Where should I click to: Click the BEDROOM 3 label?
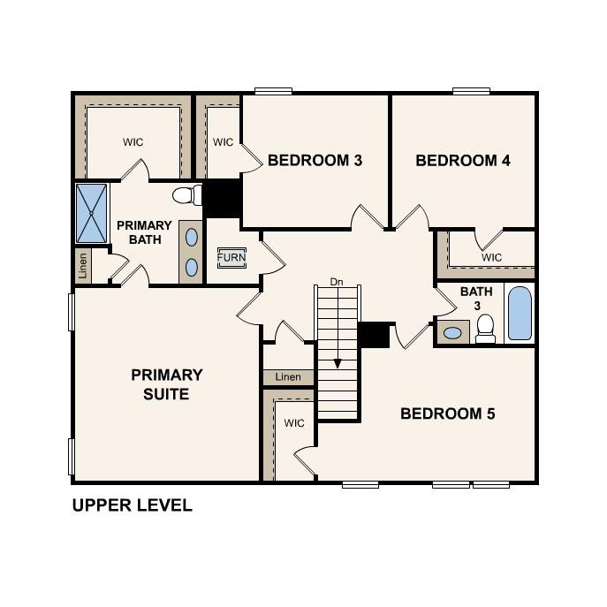pyautogui.click(x=315, y=161)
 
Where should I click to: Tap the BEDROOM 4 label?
pyautogui.click(x=463, y=161)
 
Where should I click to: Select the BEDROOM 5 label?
pyautogui.click(x=448, y=414)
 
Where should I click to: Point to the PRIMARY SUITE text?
pyautogui.click(x=167, y=384)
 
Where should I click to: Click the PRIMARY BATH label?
pyautogui.click(x=144, y=232)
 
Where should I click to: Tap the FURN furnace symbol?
pyautogui.click(x=231, y=257)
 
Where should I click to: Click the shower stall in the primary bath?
pyautogui.click(x=91, y=213)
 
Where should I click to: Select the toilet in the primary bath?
pyautogui.click(x=185, y=194)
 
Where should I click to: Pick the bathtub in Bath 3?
pyautogui.click(x=520, y=314)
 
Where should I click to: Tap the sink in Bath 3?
pyautogui.click(x=452, y=333)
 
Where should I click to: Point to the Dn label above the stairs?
pyautogui.click(x=336, y=282)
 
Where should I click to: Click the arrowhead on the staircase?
pyautogui.click(x=337, y=362)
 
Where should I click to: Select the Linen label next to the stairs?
pyautogui.click(x=288, y=377)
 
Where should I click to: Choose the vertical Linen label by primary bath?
pyautogui.click(x=83, y=266)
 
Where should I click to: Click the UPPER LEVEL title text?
pyautogui.click(x=132, y=506)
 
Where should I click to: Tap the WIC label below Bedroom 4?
pyautogui.click(x=492, y=257)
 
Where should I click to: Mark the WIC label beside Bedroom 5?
pyautogui.click(x=294, y=423)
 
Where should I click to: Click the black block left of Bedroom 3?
pyautogui.click(x=223, y=199)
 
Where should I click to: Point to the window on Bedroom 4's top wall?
pyautogui.click(x=471, y=90)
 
